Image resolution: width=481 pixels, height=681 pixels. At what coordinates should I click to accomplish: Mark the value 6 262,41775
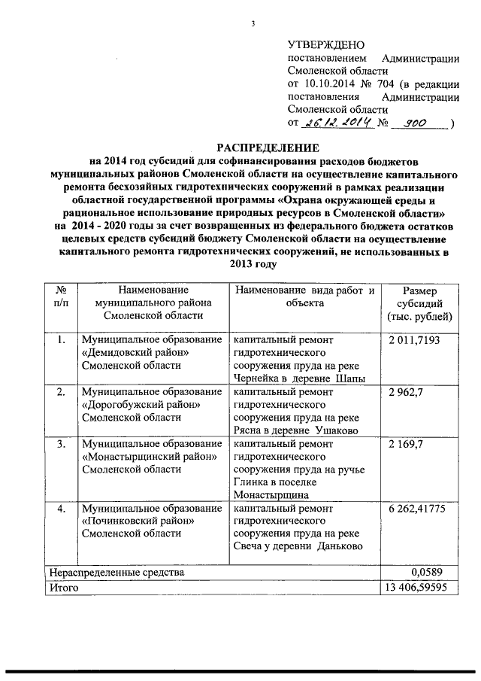[x=418, y=509]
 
